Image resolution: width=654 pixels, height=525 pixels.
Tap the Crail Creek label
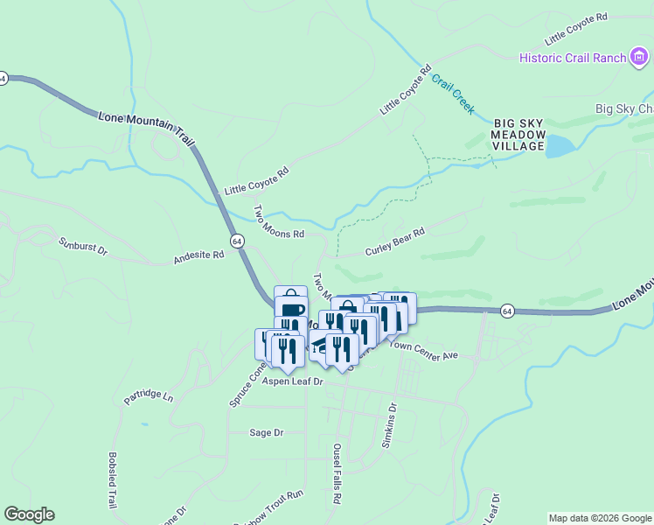coord(453,94)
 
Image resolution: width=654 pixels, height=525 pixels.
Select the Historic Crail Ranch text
coord(573,58)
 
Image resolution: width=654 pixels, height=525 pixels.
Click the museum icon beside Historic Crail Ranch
coord(641,58)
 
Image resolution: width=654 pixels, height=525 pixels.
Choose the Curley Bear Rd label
coord(394,238)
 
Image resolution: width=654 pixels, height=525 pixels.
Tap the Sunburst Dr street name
coord(82,246)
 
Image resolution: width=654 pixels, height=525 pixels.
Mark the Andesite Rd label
coord(199,256)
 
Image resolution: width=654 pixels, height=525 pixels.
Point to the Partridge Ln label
coord(149,396)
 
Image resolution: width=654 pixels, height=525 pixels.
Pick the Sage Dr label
coord(267,432)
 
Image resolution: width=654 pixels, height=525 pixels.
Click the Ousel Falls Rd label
coord(336,473)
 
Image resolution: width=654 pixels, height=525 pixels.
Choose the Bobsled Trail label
coord(112,480)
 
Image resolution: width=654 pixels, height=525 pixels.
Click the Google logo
coord(29,514)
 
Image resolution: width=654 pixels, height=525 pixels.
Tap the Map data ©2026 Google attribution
coord(599,518)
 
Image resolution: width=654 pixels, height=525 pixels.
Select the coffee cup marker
coord(291,309)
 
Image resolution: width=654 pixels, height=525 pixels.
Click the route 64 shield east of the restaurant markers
coord(507,311)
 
